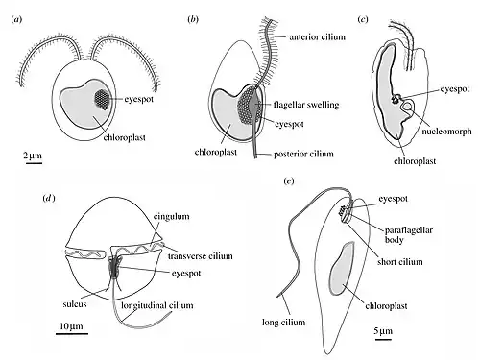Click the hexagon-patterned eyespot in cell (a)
click(102, 99)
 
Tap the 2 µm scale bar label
click(33, 156)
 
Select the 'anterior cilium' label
click(317, 37)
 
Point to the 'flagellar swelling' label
click(306, 105)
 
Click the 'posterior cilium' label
click(303, 154)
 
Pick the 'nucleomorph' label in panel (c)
click(446, 132)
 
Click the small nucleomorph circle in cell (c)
click(408, 106)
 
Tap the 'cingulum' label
click(171, 216)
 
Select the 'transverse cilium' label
click(200, 256)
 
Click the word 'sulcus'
click(75, 304)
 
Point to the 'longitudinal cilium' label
click(157, 305)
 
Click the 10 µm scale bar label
click(71, 326)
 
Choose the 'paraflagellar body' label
click(408, 235)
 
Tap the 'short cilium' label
click(400, 262)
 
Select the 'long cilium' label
click(283, 323)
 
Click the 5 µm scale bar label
click(383, 330)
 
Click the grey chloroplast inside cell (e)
click(342, 268)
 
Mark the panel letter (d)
click(49, 199)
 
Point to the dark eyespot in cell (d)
click(114, 266)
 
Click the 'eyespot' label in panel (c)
click(454, 89)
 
